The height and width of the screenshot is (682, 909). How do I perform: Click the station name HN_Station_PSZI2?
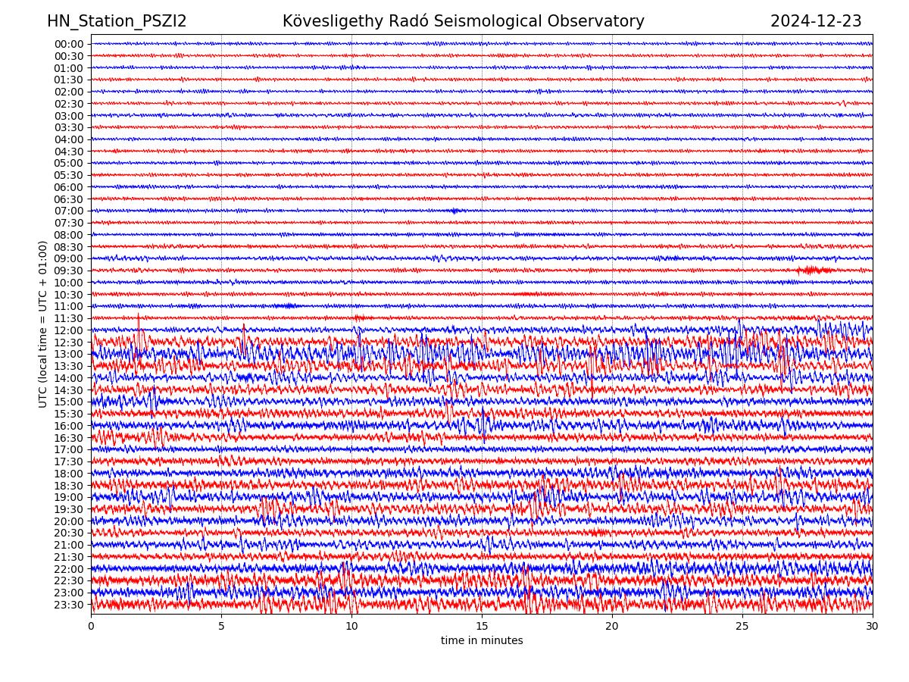117,21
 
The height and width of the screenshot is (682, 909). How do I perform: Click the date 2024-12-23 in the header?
816,21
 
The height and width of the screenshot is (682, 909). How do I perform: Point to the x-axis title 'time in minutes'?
482,640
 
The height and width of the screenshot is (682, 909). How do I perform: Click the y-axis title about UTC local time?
43,324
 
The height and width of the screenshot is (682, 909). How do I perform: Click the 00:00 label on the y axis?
69,44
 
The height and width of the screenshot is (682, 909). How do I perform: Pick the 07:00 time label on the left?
69,211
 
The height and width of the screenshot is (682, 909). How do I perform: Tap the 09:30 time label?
69,271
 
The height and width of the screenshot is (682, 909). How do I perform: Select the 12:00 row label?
69,330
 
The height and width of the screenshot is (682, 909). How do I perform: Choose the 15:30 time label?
69,414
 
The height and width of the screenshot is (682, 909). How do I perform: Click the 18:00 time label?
69,474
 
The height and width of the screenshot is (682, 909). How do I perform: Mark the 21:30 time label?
69,557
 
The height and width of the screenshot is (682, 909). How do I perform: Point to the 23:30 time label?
69,605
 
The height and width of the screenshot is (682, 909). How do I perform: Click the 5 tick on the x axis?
221,626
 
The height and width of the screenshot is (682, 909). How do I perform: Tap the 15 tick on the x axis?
482,626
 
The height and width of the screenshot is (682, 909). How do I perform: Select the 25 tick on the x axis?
742,626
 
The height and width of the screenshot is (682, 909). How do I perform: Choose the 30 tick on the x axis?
873,626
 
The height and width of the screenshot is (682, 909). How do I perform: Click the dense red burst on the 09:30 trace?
814,270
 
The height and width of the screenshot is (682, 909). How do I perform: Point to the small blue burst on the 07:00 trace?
454,211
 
